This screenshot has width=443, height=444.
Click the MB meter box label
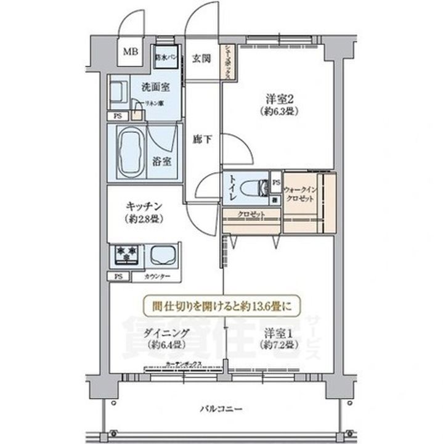point(130,52)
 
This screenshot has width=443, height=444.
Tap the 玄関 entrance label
point(201,59)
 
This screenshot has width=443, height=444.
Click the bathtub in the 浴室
point(129,152)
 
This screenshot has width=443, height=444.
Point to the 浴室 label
point(163,162)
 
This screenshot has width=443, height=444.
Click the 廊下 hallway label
point(204,140)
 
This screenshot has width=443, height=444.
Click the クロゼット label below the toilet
point(251,214)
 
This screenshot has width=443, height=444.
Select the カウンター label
point(157,277)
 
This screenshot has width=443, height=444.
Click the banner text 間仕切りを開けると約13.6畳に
point(221,304)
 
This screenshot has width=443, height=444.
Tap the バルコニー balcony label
point(221,408)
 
